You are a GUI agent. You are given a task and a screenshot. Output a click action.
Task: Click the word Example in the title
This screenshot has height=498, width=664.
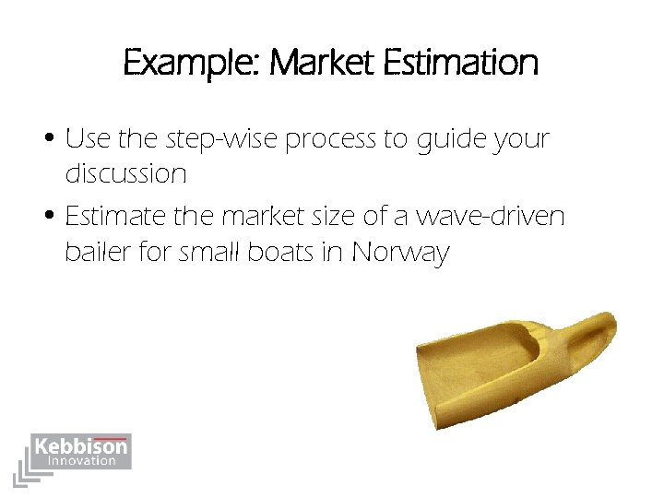(189, 64)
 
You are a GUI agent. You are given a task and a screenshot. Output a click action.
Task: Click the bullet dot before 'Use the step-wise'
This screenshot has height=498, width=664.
(53, 141)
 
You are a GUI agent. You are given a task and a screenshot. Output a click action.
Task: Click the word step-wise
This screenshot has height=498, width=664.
(221, 141)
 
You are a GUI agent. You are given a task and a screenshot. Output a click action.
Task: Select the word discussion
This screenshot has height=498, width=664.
(125, 173)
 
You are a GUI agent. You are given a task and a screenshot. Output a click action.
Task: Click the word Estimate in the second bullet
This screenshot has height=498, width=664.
(117, 219)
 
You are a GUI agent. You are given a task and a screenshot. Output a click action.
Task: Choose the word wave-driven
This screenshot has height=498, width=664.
(491, 219)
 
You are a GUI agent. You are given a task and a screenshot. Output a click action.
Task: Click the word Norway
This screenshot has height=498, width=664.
(398, 253)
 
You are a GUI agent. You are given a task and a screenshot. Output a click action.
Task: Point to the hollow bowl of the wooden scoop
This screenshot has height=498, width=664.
(489, 355)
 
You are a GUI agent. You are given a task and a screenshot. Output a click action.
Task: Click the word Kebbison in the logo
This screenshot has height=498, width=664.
(81, 447)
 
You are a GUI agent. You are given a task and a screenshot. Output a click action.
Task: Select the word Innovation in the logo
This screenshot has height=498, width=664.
(81, 461)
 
